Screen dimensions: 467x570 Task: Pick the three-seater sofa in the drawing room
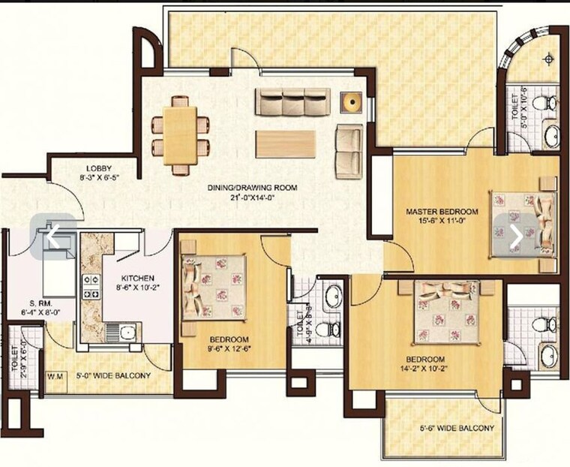point(292,101)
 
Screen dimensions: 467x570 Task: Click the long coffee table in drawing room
point(286,143)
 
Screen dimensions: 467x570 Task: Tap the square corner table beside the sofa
point(350,101)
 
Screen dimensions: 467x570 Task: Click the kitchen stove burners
point(91,286)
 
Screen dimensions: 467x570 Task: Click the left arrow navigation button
point(52,236)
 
